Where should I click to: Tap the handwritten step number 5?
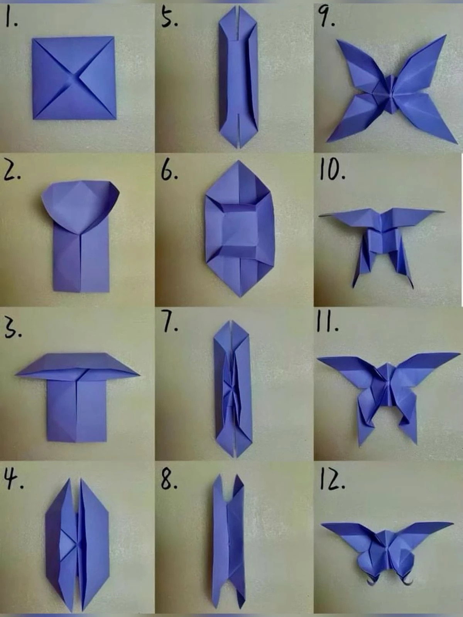pyautogui.click(x=169, y=19)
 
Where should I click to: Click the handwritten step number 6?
pyautogui.click(x=169, y=172)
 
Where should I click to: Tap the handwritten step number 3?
pyautogui.click(x=13, y=330)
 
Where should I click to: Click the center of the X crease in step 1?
pyautogui.click(x=74, y=78)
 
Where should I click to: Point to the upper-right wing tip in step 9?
pyautogui.click(x=445, y=35)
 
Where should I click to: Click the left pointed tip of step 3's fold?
pyautogui.click(x=16, y=374)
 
